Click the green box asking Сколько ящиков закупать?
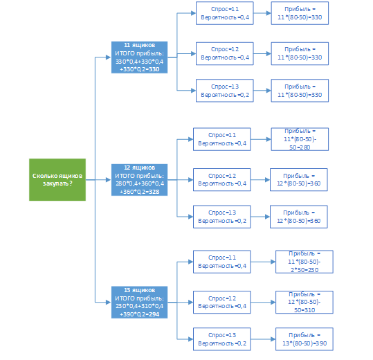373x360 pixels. click(57, 179)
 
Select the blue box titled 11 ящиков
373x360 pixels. click(139, 57)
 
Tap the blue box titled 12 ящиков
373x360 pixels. click(139, 180)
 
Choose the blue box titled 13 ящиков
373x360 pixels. click(139, 302)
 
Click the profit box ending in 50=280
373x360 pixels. click(300, 139)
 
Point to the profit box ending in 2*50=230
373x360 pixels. click(304, 262)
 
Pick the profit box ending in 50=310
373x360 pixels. click(304, 302)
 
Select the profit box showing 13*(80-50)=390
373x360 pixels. click(304, 339)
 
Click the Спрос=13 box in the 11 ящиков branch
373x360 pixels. click(224, 91)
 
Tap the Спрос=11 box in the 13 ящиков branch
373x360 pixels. click(222, 262)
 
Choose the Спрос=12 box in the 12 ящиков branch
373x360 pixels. click(222, 179)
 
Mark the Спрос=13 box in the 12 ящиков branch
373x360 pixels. click(222, 217)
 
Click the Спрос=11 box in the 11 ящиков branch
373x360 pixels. click(224, 13)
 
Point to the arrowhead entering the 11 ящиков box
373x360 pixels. click(109, 57)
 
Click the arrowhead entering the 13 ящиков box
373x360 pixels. click(109, 302)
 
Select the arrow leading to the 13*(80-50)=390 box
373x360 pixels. click(263, 339)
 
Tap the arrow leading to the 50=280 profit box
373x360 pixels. click(261, 139)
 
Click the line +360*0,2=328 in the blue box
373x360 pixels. click(139, 192)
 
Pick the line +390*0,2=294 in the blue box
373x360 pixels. click(139, 314)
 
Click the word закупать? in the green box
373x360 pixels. click(57, 183)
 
